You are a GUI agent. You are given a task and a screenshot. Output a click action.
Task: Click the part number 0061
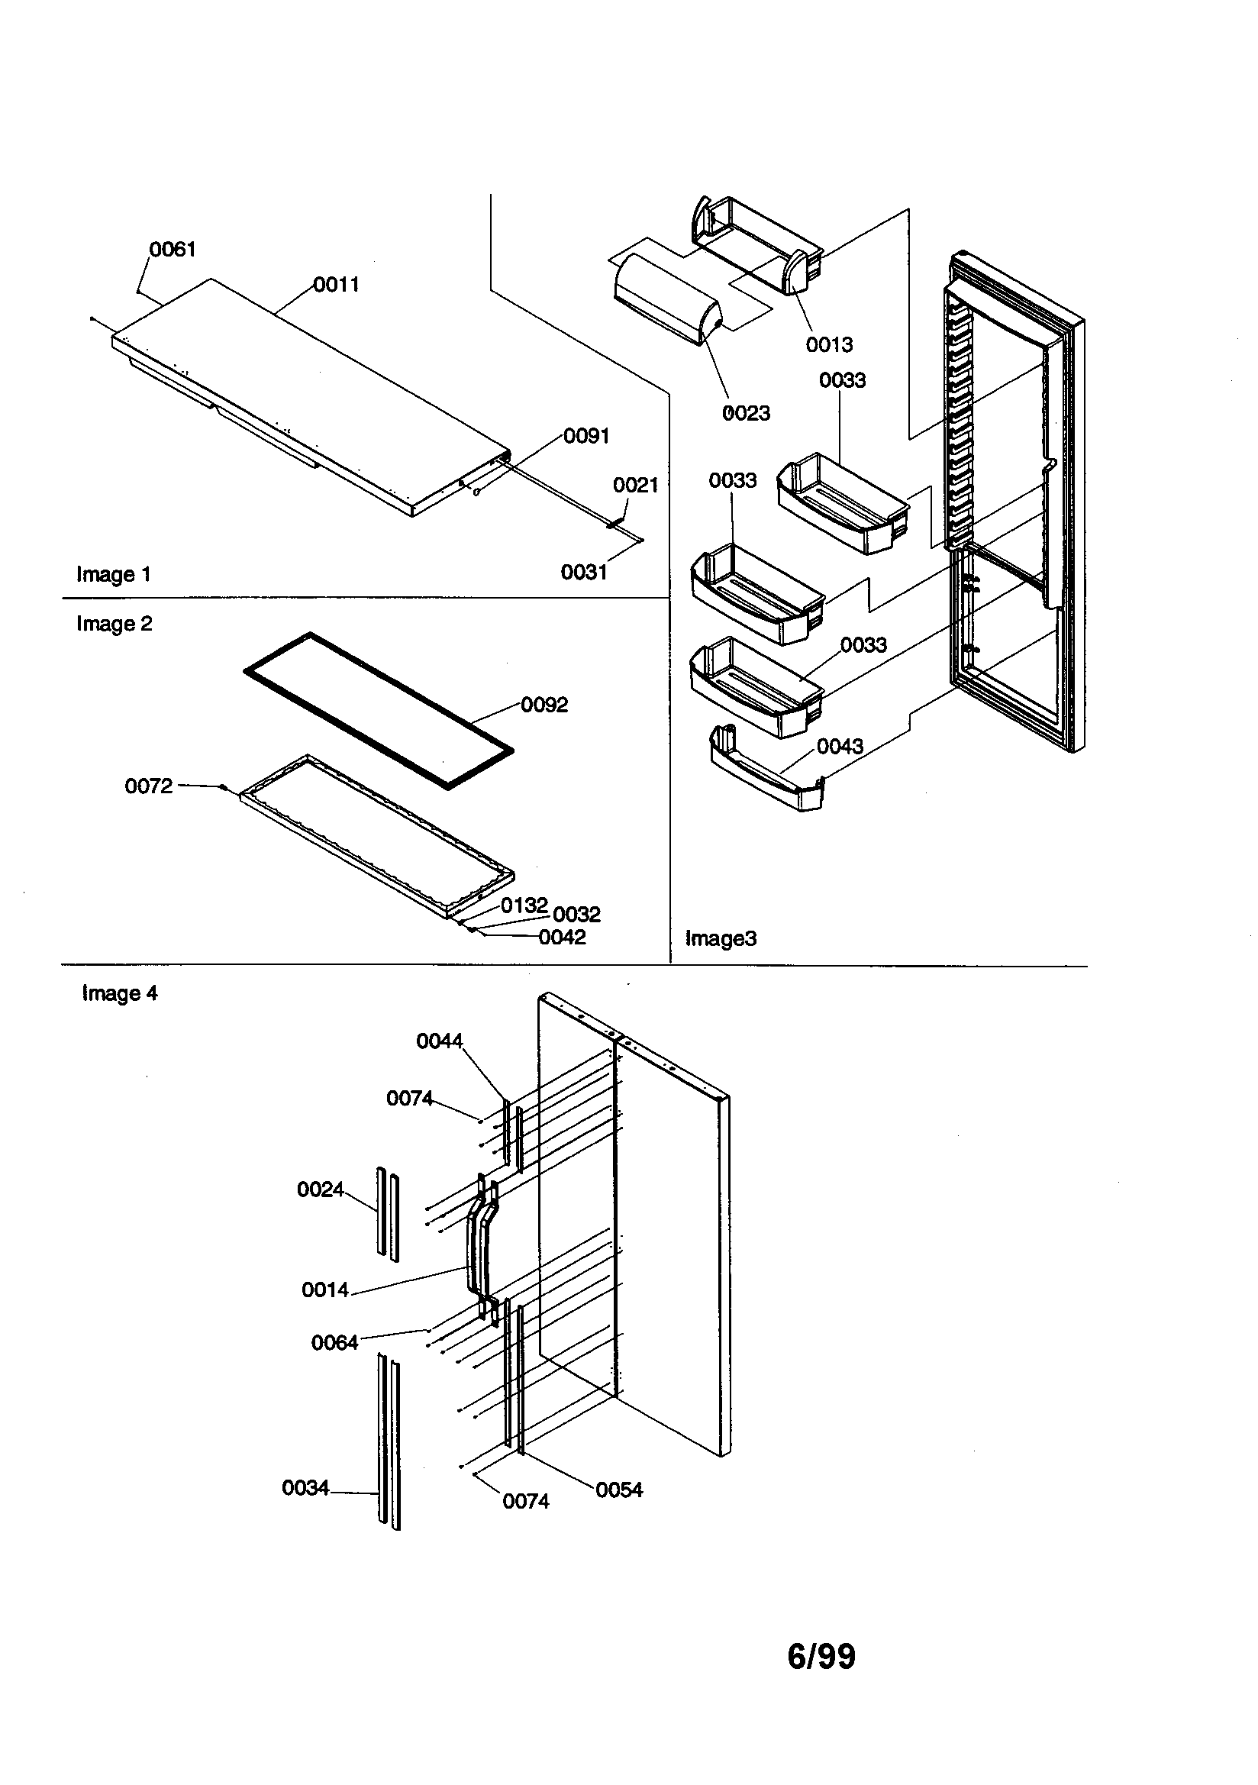(x=173, y=250)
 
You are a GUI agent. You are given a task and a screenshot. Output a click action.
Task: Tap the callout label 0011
(x=337, y=285)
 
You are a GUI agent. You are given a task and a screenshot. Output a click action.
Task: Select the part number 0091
(x=586, y=436)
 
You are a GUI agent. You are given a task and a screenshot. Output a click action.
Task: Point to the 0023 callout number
(x=746, y=414)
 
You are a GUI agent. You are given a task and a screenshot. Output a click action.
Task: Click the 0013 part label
(x=829, y=344)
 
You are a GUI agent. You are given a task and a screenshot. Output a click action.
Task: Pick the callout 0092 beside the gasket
(x=544, y=705)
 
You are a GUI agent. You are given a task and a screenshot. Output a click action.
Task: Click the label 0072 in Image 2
(x=149, y=786)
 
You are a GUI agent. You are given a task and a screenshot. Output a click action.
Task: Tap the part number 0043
(x=840, y=747)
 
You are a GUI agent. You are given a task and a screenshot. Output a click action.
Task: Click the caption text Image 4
(x=120, y=993)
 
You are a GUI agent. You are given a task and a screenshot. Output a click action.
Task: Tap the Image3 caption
(x=720, y=939)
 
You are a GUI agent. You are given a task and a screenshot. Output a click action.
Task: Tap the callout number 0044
(x=439, y=1041)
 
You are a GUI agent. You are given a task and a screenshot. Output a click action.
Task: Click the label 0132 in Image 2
(x=524, y=905)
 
